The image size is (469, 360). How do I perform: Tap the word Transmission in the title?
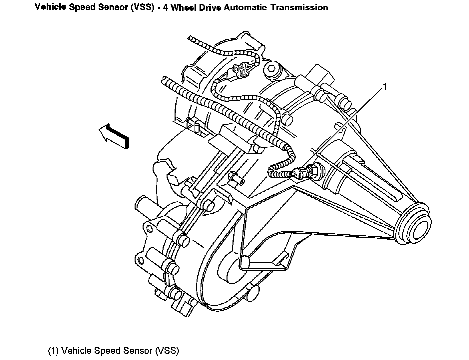[x=299, y=7]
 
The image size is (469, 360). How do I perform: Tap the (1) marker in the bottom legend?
[x=54, y=351]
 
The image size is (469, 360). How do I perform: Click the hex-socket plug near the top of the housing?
[x=272, y=69]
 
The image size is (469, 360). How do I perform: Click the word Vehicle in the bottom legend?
[x=77, y=351]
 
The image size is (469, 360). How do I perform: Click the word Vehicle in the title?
[x=50, y=7]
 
